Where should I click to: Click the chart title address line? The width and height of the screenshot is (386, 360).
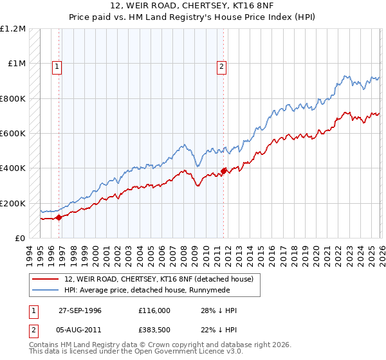pos(193,6)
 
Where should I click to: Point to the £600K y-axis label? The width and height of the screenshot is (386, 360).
pos(13,134)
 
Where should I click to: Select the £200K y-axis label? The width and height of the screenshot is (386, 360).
pos(13,203)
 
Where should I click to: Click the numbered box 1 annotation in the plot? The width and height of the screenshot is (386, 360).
pos(57,66)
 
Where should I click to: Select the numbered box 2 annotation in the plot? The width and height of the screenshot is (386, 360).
pos(221,66)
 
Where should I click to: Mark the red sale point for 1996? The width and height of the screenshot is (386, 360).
pos(59,217)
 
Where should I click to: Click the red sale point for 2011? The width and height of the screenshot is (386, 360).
pos(223,171)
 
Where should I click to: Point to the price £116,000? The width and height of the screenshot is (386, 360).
pos(154,310)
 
